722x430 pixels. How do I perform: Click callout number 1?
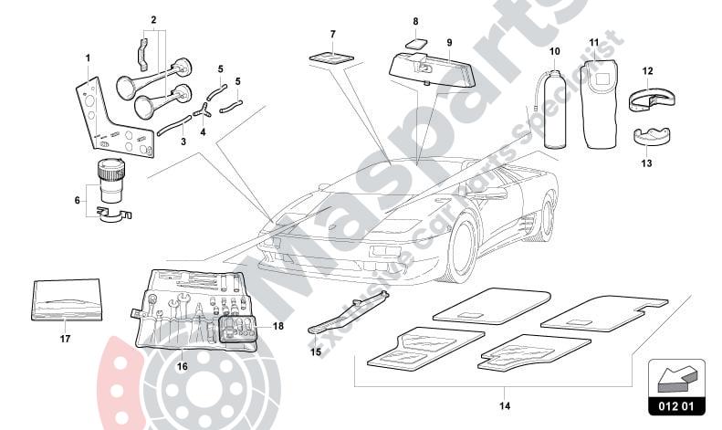[88, 58]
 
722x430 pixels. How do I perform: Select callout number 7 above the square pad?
[332, 35]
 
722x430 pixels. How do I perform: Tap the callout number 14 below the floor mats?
[505, 405]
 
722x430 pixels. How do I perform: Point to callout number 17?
[64, 338]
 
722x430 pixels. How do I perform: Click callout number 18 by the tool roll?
[278, 325]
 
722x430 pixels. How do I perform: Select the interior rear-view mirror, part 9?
[428, 68]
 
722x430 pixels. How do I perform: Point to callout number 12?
[647, 69]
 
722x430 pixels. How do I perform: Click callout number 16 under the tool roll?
[182, 366]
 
